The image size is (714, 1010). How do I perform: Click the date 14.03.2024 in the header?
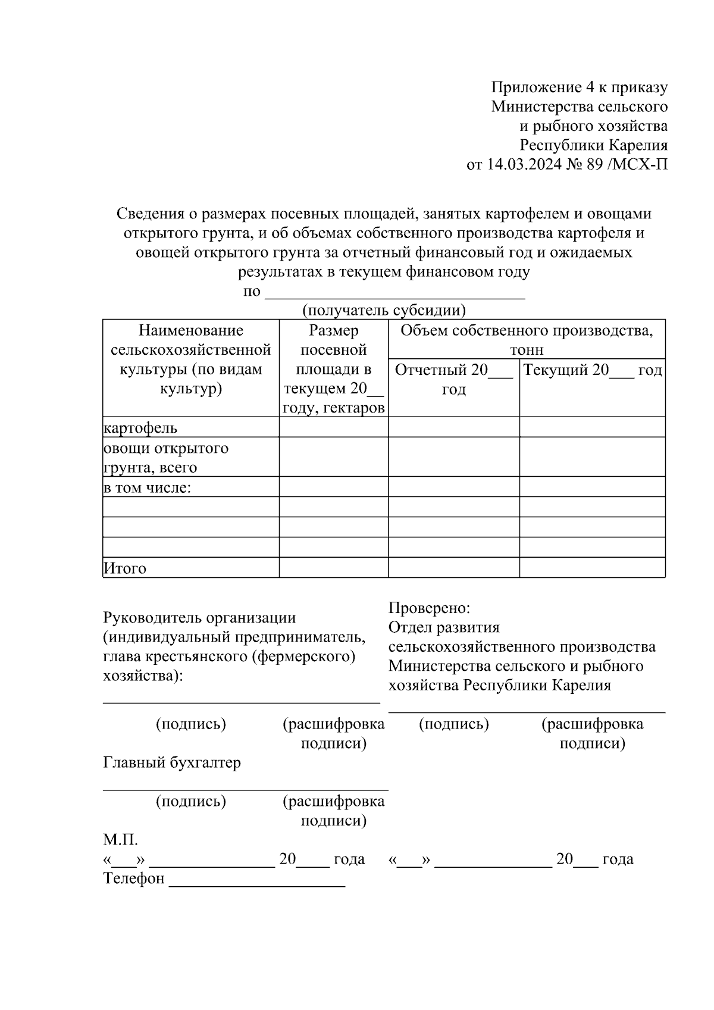click(524, 164)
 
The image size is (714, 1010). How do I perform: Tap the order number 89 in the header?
click(594, 164)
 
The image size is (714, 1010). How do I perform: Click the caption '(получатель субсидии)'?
click(384, 310)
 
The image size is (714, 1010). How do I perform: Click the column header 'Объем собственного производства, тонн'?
click(527, 339)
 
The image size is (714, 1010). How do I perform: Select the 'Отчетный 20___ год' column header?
click(453, 380)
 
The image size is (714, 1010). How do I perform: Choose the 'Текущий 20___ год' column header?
click(593, 370)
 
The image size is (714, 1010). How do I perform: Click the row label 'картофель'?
click(140, 428)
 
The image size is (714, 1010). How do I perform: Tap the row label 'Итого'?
click(125, 568)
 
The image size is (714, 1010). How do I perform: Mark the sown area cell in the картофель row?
click(333, 427)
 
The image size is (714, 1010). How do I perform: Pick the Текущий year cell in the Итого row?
click(592, 568)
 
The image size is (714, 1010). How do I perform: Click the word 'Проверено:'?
click(429, 608)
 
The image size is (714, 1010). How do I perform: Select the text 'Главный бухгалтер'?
click(172, 762)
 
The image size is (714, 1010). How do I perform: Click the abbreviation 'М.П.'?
click(120, 840)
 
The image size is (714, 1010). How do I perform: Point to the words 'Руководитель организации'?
click(199, 618)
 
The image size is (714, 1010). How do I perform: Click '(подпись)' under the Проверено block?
click(454, 724)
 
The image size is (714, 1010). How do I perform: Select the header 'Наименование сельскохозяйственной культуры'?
click(191, 359)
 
